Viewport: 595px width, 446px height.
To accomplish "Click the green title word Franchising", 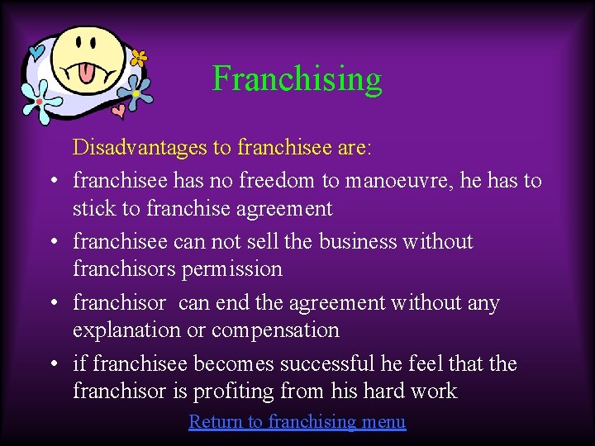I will click(x=297, y=79).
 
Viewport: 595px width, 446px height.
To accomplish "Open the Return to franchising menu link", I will click(x=297, y=422).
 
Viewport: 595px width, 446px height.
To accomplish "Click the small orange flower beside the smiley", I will click(x=139, y=59).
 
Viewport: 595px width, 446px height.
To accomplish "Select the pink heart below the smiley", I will click(x=118, y=108).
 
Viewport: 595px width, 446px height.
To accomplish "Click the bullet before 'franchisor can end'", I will click(x=52, y=303).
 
